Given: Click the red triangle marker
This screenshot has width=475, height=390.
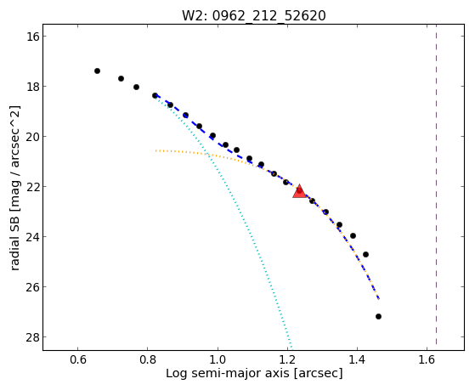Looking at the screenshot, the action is (x=299, y=191).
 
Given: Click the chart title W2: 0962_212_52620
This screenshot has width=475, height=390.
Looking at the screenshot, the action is (x=253, y=16).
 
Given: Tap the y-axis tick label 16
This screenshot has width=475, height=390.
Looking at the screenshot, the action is (x=32, y=37).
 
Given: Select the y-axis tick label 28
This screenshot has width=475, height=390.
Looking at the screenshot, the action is (x=32, y=337).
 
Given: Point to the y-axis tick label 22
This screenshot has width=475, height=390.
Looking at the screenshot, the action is (x=32, y=187).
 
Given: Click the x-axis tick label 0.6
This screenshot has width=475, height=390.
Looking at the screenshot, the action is (x=78, y=359).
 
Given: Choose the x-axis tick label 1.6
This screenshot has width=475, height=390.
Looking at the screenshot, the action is (x=427, y=359).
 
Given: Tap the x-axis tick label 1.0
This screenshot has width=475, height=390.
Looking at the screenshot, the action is (x=218, y=359).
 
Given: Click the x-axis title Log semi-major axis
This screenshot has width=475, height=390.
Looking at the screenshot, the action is (x=228, y=373).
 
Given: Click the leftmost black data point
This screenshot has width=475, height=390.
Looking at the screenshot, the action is (x=97, y=71).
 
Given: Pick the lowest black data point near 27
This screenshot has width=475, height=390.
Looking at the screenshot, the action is (x=378, y=316).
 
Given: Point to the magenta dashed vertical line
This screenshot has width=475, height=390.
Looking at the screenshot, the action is (x=436, y=184).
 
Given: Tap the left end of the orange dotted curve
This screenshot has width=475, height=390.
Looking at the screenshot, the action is (x=156, y=150).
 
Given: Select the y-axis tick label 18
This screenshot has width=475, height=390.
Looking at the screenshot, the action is (x=32, y=87).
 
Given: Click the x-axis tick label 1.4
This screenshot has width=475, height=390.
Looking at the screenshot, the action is (x=357, y=359).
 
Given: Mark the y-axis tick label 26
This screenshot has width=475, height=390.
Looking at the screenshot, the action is (x=32, y=286).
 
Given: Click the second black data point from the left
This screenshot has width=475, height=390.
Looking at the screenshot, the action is (x=121, y=78).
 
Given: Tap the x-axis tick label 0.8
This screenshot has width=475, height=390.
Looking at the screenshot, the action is (x=148, y=359).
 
